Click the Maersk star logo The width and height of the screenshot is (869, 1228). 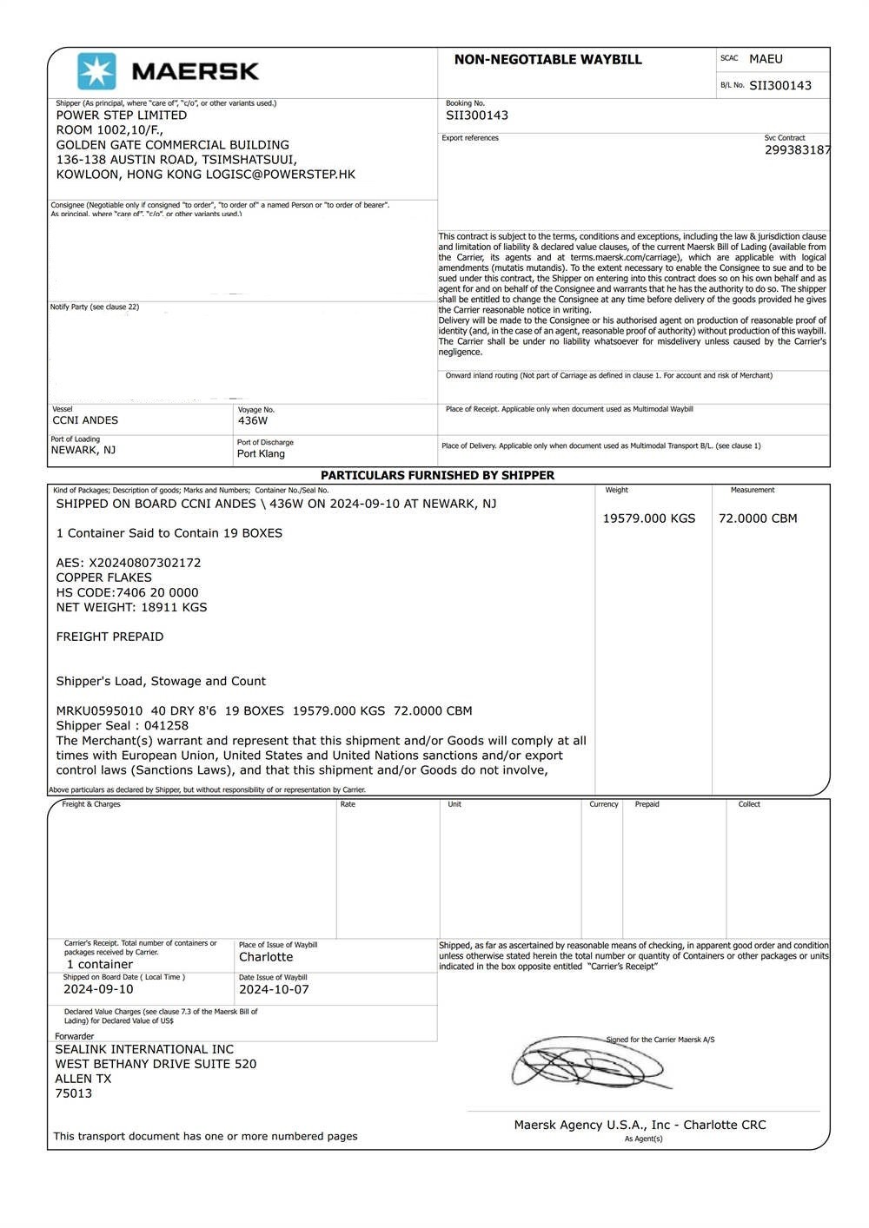(96, 71)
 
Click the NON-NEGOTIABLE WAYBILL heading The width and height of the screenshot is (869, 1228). (547, 60)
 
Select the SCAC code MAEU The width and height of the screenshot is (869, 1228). (766, 59)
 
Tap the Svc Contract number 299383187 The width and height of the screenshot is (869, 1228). (797, 150)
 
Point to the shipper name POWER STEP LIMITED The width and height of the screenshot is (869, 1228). (122, 116)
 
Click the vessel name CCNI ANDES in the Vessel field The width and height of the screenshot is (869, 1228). (85, 420)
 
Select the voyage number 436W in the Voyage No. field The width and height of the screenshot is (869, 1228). (253, 420)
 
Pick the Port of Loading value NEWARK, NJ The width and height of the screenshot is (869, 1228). (83, 450)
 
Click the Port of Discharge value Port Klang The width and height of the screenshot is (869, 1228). (261, 454)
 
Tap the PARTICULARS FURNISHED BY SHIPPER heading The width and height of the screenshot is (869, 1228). (437, 476)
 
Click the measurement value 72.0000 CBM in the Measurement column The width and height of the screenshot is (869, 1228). (758, 518)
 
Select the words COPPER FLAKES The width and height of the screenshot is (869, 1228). (104, 578)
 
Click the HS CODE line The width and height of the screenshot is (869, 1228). (127, 592)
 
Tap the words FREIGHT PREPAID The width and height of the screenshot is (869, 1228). (109, 637)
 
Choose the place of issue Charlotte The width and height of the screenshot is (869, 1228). (266, 957)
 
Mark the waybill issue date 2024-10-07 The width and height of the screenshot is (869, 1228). (274, 990)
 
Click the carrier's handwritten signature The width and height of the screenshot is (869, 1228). (587, 1063)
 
